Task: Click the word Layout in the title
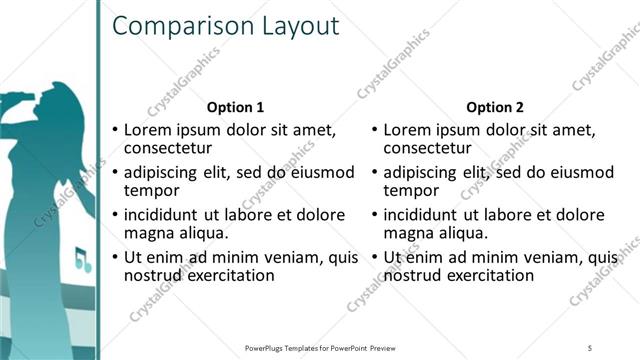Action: coord(299,27)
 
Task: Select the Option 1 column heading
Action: coord(235,107)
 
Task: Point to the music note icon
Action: coord(82,263)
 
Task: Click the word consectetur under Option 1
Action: coord(171,148)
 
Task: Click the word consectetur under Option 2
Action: coord(431,148)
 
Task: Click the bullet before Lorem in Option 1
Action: coord(115,130)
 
